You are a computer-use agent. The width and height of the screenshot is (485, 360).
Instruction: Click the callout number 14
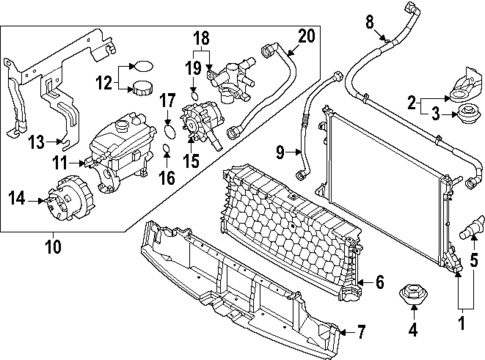(17, 197)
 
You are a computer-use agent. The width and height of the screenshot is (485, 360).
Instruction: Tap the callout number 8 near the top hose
(368, 20)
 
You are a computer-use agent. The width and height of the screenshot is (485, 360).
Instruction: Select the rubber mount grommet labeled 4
(409, 295)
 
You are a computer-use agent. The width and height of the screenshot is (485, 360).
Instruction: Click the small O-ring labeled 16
(166, 152)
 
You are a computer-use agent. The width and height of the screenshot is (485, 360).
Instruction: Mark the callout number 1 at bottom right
(462, 324)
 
